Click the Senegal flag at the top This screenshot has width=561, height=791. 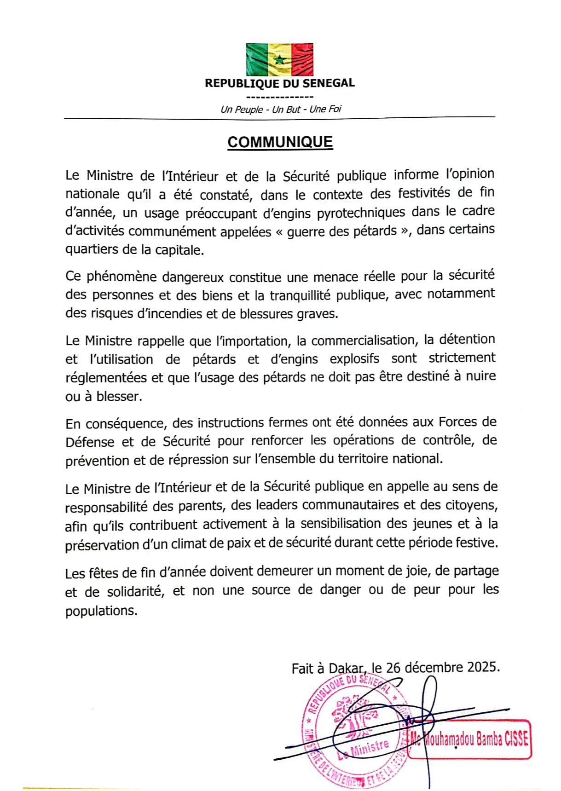pos(280,59)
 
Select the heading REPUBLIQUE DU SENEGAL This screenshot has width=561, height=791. pos(280,83)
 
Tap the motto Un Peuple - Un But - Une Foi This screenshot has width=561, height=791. pos(281,110)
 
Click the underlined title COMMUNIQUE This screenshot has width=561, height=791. pos(280,142)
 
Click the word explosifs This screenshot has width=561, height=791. pos(354,359)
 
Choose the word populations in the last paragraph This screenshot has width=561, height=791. pos(101,612)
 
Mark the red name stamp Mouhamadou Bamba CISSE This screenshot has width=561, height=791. pos(469,740)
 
